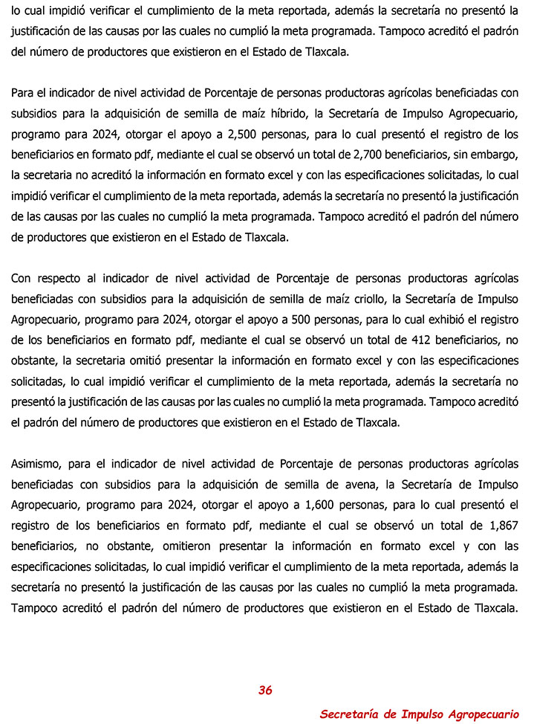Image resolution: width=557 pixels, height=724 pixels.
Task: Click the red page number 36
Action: [x=265, y=691]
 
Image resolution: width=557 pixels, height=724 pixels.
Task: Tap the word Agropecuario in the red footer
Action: [x=481, y=714]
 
